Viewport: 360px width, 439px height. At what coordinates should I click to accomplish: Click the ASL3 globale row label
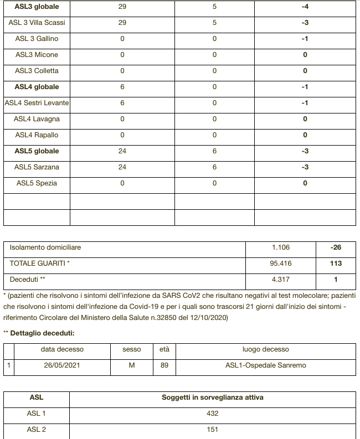[x=37, y=7]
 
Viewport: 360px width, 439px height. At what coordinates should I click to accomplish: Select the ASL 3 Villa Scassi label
[x=37, y=23]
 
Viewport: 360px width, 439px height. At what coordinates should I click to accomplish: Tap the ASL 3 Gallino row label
[x=37, y=39]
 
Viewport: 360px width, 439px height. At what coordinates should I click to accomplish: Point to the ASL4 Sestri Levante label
[x=37, y=103]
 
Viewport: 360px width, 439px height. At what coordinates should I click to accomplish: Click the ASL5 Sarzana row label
[x=37, y=167]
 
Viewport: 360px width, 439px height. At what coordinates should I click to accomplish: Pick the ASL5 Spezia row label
[x=37, y=183]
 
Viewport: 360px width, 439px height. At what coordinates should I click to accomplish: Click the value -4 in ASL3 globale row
[x=305, y=7]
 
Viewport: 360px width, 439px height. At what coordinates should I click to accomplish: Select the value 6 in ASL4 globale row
[x=122, y=87]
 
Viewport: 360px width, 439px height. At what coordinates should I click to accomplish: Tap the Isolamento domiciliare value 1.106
[x=281, y=247]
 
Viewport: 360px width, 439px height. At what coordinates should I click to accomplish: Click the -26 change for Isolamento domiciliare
[x=336, y=247]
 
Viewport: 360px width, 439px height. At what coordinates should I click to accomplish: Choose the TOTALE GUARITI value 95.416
[x=281, y=264]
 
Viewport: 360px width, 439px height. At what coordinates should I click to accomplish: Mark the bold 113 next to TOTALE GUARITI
[x=336, y=264]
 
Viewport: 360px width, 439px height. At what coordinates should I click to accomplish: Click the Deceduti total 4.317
[x=281, y=280]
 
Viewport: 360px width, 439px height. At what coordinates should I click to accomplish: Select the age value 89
[x=164, y=365]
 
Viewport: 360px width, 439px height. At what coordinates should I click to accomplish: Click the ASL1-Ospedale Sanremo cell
[x=265, y=365]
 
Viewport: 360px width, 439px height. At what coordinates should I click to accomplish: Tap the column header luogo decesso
[x=265, y=349]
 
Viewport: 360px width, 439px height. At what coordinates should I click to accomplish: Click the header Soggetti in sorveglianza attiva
[x=212, y=397]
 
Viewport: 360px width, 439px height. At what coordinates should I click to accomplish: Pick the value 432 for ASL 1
[x=212, y=414]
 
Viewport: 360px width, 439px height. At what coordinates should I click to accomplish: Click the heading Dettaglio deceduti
[x=42, y=333]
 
